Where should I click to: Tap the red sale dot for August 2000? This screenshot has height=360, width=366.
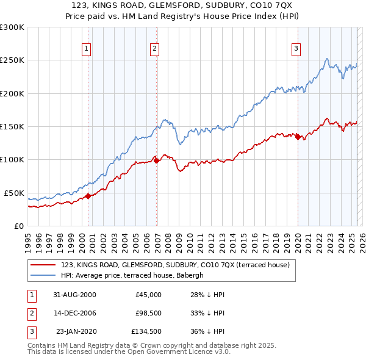(x=88, y=196)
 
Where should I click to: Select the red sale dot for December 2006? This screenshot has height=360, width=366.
(x=156, y=160)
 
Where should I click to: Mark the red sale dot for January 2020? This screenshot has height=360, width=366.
(x=298, y=137)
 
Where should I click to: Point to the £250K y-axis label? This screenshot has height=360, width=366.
(x=12, y=60)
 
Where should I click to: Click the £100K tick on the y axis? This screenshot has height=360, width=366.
(x=12, y=159)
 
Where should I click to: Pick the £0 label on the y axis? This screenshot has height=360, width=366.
(x=18, y=226)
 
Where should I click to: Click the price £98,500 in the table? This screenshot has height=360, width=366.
(x=148, y=314)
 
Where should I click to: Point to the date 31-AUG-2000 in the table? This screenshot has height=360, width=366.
(x=75, y=295)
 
